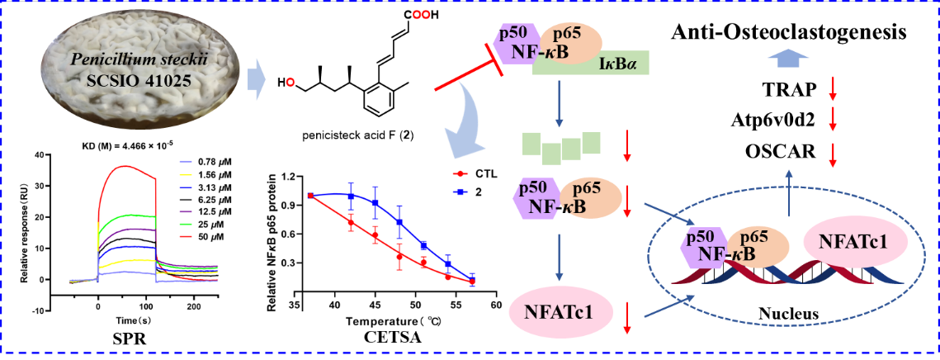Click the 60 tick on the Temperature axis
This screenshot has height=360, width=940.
click(x=496, y=304)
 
